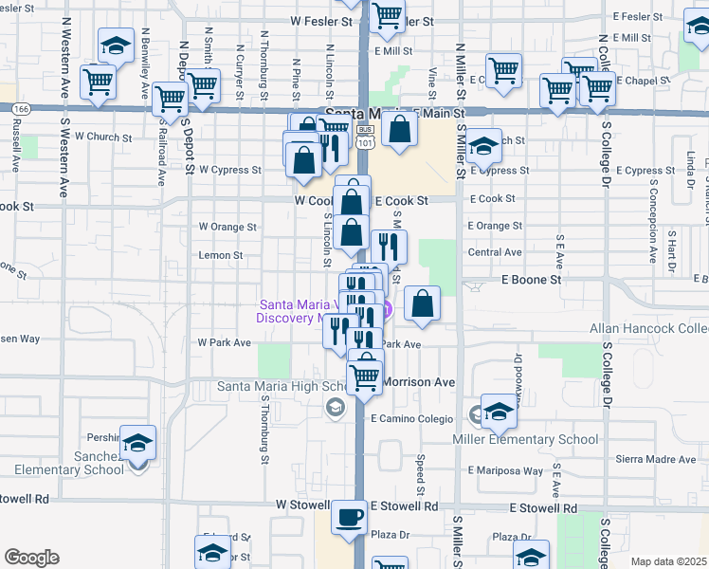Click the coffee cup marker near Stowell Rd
(349, 517)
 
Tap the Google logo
(31, 558)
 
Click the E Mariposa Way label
(505, 470)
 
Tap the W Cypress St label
(229, 171)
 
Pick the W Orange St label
(227, 227)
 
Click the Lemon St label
(221, 255)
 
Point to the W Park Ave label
(215, 342)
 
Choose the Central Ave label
(495, 253)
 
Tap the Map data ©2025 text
(669, 561)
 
